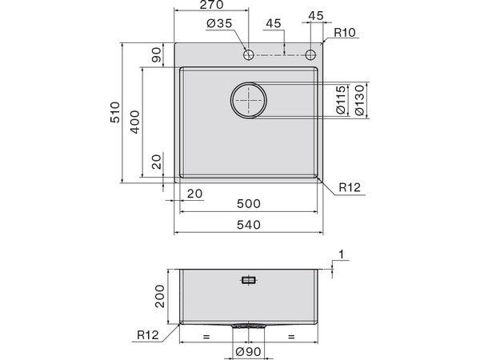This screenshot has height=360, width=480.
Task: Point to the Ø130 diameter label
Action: (x=359, y=101)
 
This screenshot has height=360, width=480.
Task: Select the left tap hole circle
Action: (x=249, y=54)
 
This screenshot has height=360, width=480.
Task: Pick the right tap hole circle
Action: (x=311, y=54)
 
